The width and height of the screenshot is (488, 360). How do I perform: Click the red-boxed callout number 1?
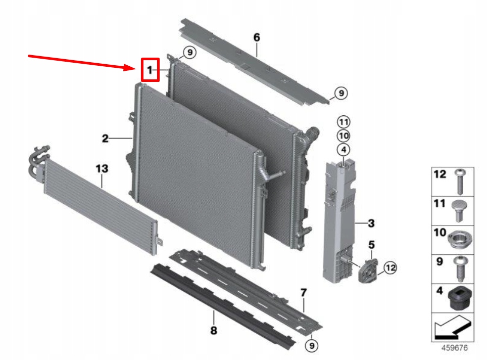(x=150, y=69)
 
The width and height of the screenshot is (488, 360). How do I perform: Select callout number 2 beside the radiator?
(x=105, y=138)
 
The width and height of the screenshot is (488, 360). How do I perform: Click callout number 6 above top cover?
(x=256, y=37)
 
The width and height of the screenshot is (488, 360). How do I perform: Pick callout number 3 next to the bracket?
(x=371, y=223)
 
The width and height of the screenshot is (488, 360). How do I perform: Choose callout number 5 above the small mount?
(x=371, y=245)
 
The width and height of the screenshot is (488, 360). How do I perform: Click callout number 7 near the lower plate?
(x=304, y=292)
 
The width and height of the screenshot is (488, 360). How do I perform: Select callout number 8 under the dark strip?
(x=214, y=331)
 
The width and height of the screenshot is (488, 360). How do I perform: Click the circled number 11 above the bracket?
(x=343, y=122)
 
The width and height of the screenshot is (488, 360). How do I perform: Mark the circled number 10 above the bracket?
(x=343, y=136)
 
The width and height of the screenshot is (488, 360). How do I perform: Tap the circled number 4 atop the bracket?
(x=343, y=150)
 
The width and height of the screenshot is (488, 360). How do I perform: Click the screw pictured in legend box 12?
(x=459, y=181)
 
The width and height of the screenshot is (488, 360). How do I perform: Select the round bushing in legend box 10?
(x=459, y=239)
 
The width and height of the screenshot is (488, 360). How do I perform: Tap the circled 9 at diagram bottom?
(x=312, y=346)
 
